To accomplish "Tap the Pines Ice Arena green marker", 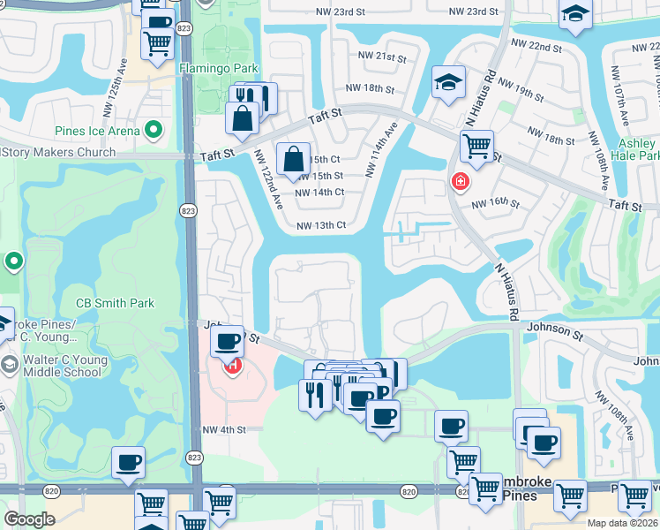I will [154, 132].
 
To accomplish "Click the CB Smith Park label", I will [115, 303].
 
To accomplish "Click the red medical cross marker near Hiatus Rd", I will [459, 182].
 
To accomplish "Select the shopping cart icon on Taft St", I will [476, 146].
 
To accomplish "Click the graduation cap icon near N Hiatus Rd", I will [448, 83].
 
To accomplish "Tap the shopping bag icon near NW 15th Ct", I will [293, 159].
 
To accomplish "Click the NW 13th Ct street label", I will [320, 225].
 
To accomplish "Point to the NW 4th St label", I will [222, 430].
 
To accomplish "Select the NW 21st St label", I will [382, 56].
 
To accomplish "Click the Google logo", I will [29, 519].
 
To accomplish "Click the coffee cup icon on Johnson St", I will [228, 340].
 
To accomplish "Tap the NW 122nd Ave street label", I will [268, 178].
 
